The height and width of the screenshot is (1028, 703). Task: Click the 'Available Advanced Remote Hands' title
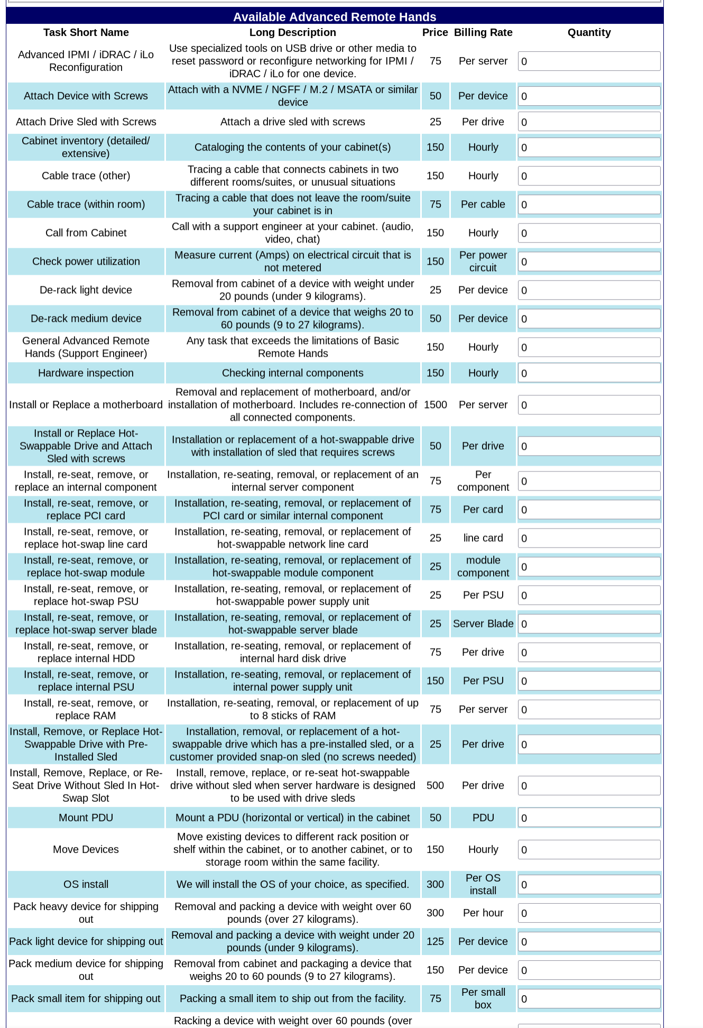tap(335, 17)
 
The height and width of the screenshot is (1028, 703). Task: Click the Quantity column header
tap(589, 32)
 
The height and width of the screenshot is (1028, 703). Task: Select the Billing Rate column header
tap(483, 32)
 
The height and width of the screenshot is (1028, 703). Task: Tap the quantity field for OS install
tap(589, 885)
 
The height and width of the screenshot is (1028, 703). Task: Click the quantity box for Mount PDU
tap(589, 818)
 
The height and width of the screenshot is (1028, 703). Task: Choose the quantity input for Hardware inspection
tap(589, 373)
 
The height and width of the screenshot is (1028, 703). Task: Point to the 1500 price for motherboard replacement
tap(435, 405)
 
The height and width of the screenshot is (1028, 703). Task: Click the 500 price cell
tap(435, 785)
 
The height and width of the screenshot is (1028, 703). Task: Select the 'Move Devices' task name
tap(86, 849)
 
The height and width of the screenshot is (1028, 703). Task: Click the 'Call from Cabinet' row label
tap(86, 233)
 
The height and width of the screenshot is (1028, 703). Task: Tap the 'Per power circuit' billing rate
tap(483, 261)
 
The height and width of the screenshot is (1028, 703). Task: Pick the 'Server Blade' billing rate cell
tap(483, 624)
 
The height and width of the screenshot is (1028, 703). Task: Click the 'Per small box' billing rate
tap(483, 998)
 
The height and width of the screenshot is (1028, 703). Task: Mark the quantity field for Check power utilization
tap(589, 262)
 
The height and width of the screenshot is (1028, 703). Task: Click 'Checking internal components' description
tap(292, 373)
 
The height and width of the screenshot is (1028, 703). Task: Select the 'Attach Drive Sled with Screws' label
tap(86, 122)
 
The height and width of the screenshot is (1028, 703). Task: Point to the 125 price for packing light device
tap(435, 941)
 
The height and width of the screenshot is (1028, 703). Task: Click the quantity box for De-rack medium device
tap(589, 319)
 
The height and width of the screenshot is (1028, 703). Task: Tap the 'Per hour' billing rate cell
tap(483, 913)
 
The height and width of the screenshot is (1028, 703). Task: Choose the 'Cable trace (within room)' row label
tap(86, 204)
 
